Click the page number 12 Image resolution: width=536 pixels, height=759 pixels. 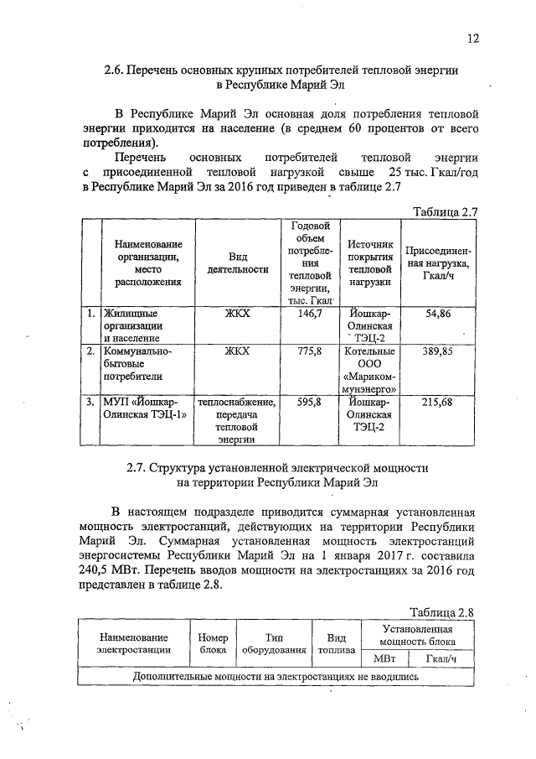pyautogui.click(x=473, y=39)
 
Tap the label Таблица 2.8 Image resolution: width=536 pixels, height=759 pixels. pyautogui.click(x=441, y=613)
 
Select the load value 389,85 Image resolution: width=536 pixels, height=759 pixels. pyautogui.click(x=439, y=351)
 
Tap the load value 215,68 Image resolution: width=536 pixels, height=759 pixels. pyautogui.click(x=439, y=402)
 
